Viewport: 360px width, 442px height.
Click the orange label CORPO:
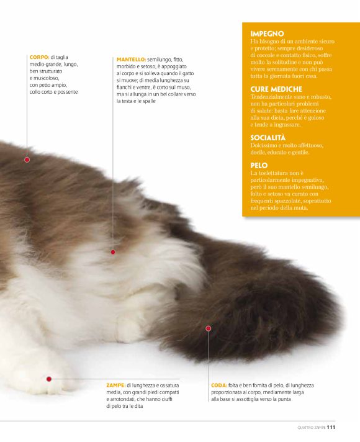[x=40, y=57]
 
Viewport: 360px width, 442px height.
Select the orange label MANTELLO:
[x=131, y=60]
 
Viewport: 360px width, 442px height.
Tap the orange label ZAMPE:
[x=116, y=386]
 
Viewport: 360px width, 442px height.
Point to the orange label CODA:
[x=219, y=386]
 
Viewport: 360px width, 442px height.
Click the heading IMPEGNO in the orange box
[x=267, y=34]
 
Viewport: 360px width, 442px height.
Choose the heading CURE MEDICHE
[x=276, y=89]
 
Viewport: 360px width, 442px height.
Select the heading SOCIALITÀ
[x=268, y=138]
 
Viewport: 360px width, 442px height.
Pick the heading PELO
[x=259, y=166]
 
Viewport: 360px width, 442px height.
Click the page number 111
[x=331, y=427]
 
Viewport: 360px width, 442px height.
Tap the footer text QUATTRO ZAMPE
[x=312, y=428]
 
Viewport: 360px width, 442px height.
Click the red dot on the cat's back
[x=27, y=160]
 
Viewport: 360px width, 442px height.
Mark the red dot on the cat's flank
[x=113, y=252]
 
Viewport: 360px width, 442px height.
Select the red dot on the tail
[x=209, y=328]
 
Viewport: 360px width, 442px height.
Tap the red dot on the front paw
[x=49, y=379]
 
